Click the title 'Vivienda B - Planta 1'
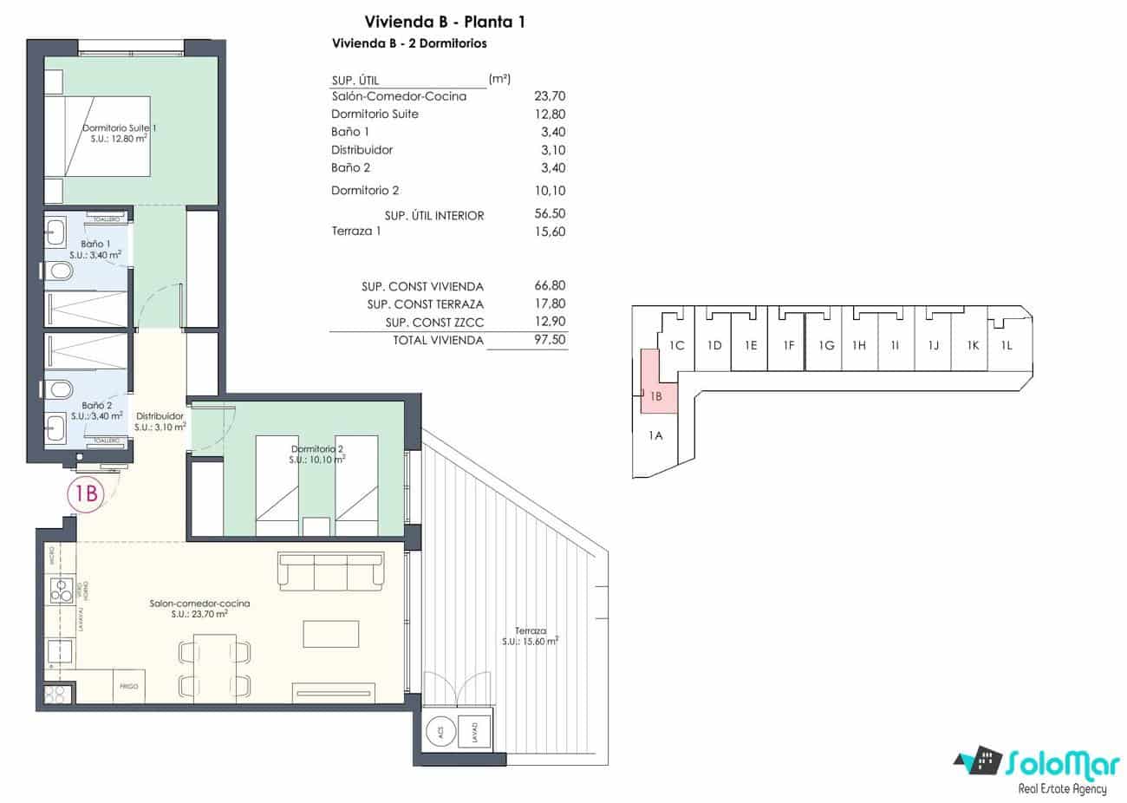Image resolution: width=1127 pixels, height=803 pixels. [x=445, y=22]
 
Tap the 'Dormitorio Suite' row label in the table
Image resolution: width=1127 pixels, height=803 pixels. [x=375, y=114]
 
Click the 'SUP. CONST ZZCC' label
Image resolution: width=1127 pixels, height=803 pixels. [x=434, y=323]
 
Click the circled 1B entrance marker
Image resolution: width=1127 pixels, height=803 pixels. [x=86, y=493]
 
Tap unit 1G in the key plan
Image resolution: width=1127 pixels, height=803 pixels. [x=825, y=345]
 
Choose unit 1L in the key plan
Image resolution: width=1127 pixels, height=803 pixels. [x=1006, y=345]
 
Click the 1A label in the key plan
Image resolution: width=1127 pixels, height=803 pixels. [x=655, y=435]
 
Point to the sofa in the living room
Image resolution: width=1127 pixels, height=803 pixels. [x=329, y=572]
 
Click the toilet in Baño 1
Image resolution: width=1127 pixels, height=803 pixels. [x=60, y=271]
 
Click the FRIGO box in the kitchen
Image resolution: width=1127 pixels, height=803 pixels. [x=129, y=687]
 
